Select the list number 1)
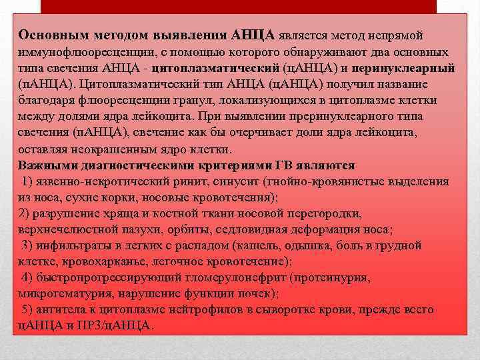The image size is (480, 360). (x=30, y=181)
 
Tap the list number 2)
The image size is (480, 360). (x=27, y=213)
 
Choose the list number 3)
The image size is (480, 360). (x=30, y=245)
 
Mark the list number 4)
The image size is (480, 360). (x=30, y=277)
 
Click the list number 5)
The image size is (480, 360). (x=30, y=309)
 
